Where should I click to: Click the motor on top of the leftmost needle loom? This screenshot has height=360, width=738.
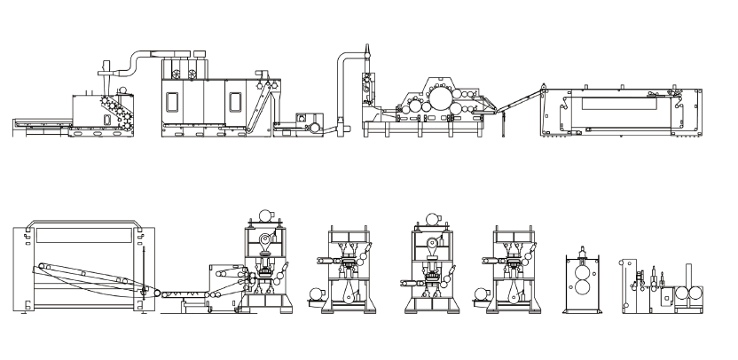(x=263, y=215)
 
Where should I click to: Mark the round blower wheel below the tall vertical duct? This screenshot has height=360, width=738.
(x=313, y=128)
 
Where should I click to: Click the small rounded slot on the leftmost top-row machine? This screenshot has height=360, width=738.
(x=108, y=119)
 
